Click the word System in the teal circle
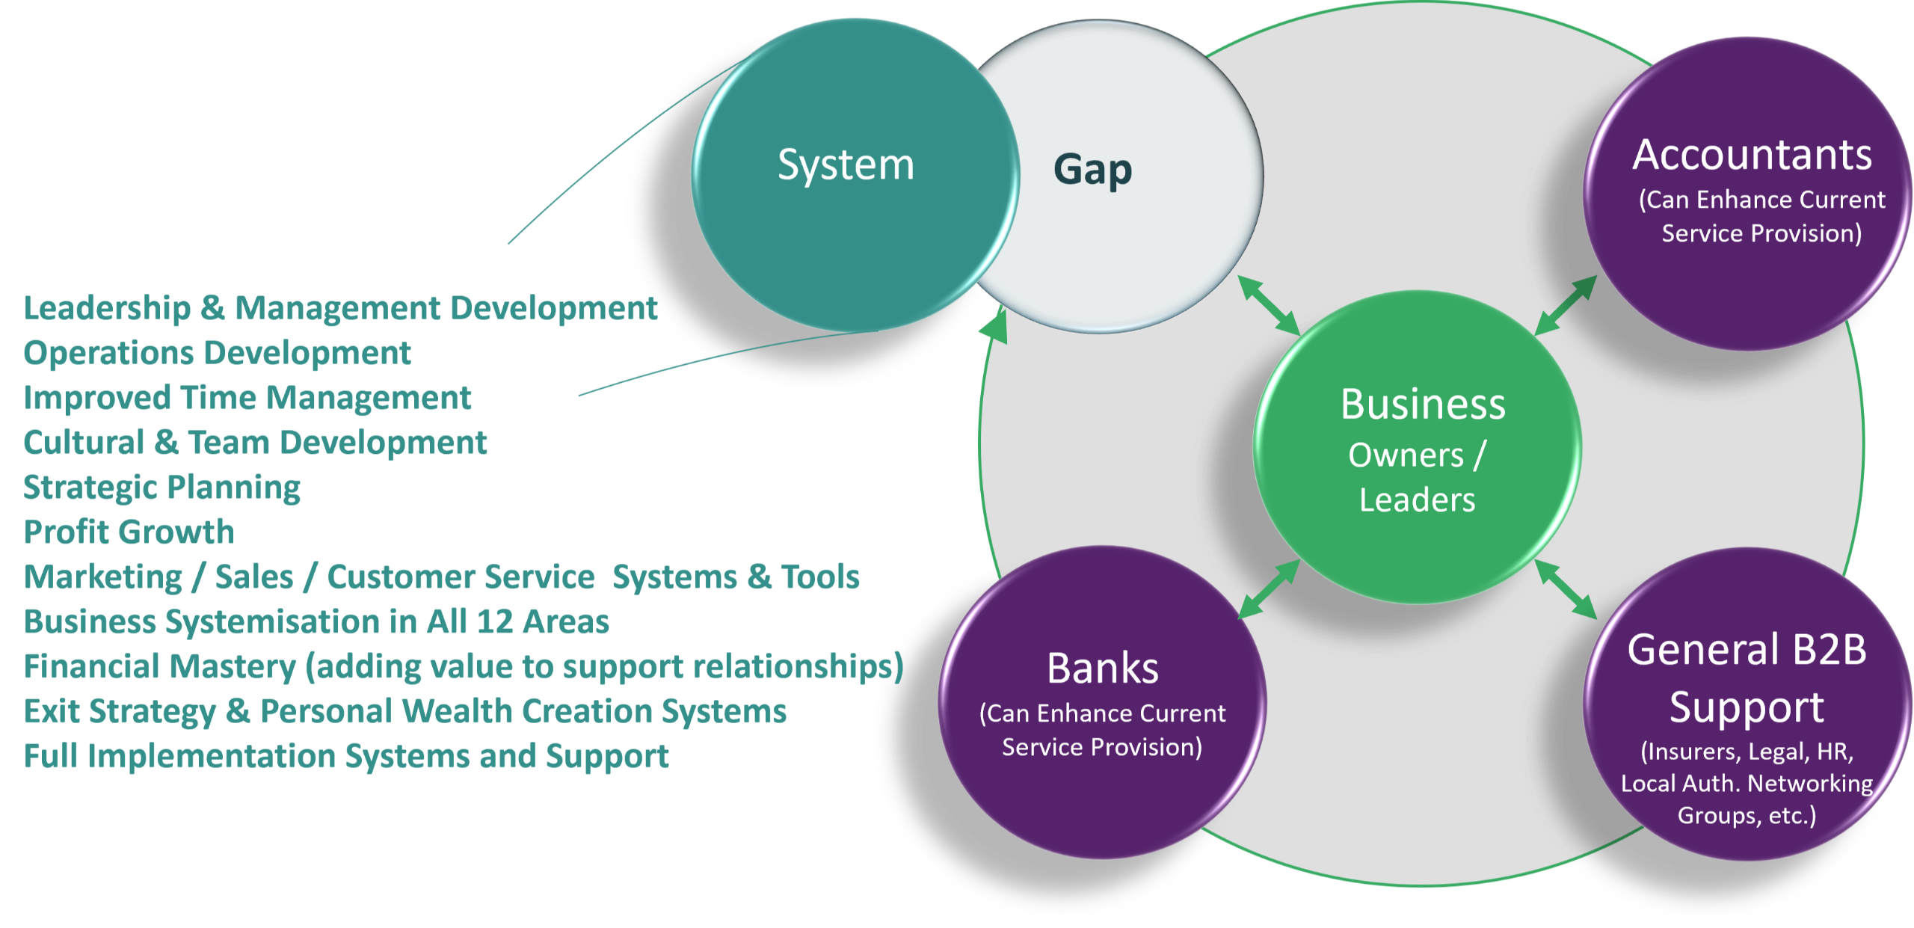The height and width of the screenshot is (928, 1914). point(846,165)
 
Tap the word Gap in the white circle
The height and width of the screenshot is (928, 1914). point(1092,170)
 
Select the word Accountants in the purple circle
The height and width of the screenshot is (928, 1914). point(1752,156)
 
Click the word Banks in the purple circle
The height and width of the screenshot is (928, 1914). point(1103,668)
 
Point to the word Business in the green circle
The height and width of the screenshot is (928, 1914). point(1423,405)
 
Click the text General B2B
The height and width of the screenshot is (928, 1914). point(1747,649)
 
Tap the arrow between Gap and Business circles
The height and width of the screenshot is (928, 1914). point(1269,305)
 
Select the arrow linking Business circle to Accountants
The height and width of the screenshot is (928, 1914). point(1566,304)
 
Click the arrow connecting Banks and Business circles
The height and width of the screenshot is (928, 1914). point(1269,589)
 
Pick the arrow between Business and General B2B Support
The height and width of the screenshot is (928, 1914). point(1566,589)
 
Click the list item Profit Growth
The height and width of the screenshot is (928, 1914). point(129,532)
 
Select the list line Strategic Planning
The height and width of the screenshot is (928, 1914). point(162,488)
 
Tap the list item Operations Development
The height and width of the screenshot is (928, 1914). point(218,353)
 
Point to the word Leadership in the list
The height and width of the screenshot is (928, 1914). point(108,308)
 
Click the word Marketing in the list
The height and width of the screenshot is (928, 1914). point(103,577)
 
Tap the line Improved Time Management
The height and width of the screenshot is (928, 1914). point(247,398)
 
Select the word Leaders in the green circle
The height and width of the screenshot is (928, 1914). point(1417,500)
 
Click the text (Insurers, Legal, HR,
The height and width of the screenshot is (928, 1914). point(1747,751)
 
